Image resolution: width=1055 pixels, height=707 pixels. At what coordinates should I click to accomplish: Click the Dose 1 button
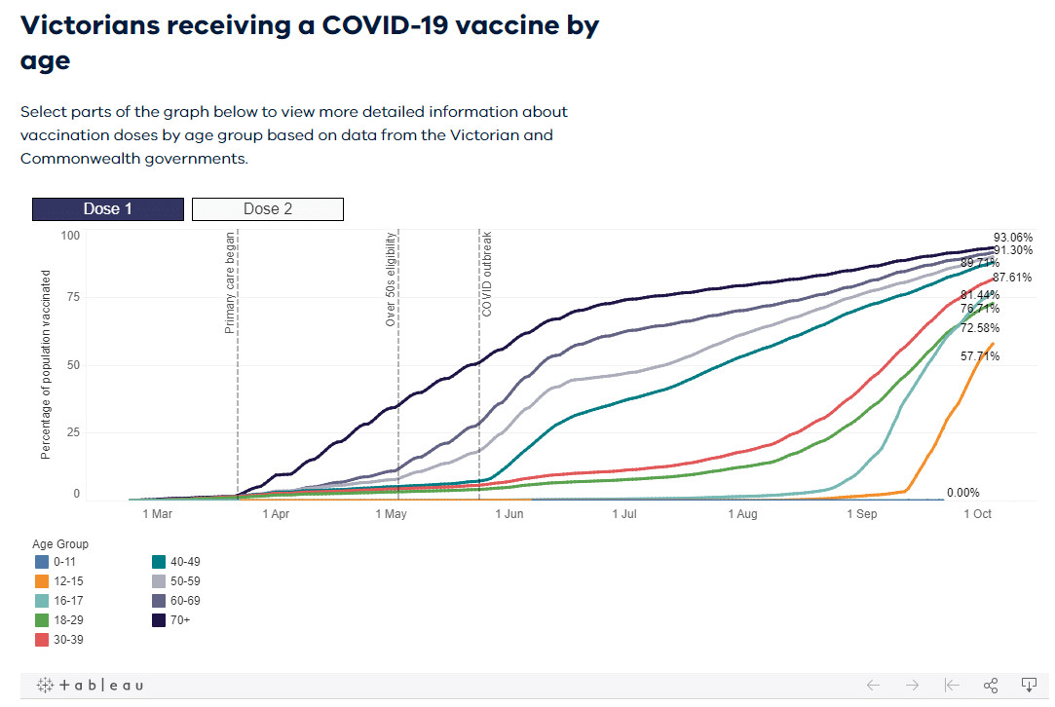point(107,209)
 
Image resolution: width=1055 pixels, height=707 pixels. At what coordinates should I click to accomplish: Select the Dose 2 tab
point(268,209)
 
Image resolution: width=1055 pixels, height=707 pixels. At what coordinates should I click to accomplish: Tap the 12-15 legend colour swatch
point(41,580)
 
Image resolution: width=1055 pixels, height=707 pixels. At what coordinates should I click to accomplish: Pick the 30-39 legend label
point(68,639)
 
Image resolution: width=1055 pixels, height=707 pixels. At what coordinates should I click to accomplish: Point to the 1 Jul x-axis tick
point(623,513)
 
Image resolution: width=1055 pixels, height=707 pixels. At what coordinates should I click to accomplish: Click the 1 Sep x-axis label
point(861,513)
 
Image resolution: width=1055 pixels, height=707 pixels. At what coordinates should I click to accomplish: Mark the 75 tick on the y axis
point(70,298)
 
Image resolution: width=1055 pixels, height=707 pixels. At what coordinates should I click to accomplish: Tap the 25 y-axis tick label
point(70,431)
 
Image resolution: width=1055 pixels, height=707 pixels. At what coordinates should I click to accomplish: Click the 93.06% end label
point(1013,238)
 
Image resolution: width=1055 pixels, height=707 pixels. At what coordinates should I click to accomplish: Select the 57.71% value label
point(980,357)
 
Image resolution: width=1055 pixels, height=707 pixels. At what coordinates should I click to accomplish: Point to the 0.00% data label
point(963,493)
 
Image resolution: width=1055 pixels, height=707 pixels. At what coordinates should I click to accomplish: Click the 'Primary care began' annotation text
point(231,283)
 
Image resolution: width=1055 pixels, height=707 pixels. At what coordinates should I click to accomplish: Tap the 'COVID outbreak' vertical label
point(486,275)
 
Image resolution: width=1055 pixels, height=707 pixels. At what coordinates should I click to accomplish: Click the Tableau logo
point(90,685)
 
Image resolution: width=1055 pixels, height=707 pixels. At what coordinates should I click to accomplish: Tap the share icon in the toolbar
point(991,685)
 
